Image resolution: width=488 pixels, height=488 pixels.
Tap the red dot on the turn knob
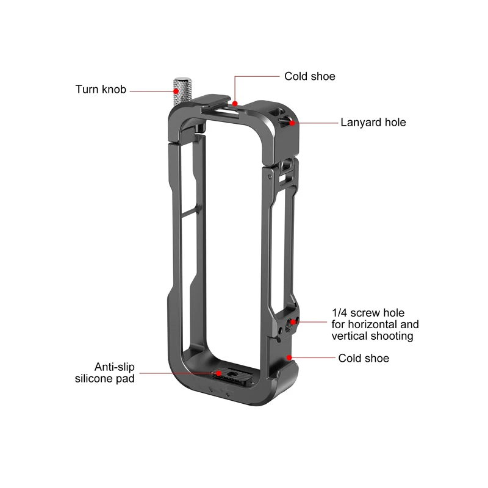(176, 91)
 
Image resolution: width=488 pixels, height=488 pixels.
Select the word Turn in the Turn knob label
(87, 89)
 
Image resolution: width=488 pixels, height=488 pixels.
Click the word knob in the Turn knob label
(114, 89)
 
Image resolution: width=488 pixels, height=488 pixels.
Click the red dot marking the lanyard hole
(292, 123)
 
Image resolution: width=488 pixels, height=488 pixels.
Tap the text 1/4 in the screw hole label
(339, 313)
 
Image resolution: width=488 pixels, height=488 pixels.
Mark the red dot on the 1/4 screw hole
(293, 322)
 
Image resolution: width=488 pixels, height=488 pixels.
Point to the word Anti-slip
(115, 367)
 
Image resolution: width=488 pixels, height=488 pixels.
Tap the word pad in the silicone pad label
(126, 379)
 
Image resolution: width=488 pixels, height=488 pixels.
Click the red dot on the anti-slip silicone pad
(219, 373)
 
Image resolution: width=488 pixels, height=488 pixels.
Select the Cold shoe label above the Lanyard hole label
(310, 77)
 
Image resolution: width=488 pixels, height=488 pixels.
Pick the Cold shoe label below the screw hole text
(364, 358)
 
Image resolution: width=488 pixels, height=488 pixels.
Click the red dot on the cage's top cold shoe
(235, 103)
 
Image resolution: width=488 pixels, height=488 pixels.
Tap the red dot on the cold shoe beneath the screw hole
(289, 357)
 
